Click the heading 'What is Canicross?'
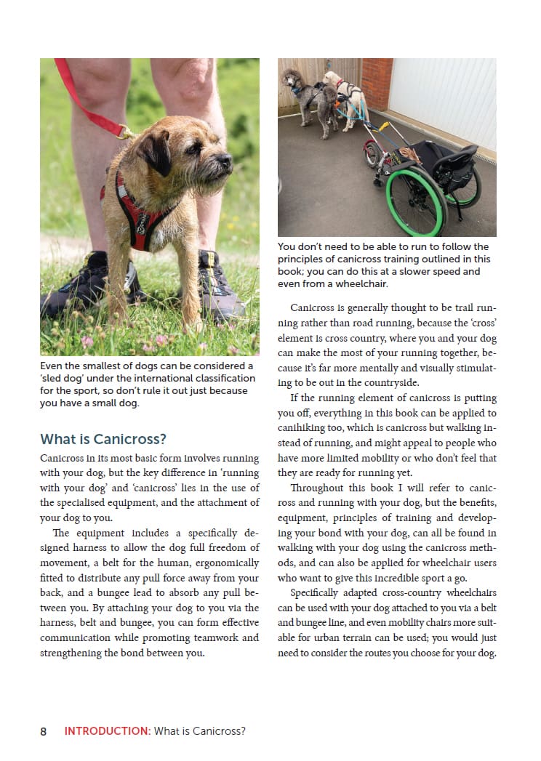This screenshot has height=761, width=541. tap(103, 439)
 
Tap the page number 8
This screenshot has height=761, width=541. tap(44, 731)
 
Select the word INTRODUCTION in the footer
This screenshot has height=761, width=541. tap(107, 731)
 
